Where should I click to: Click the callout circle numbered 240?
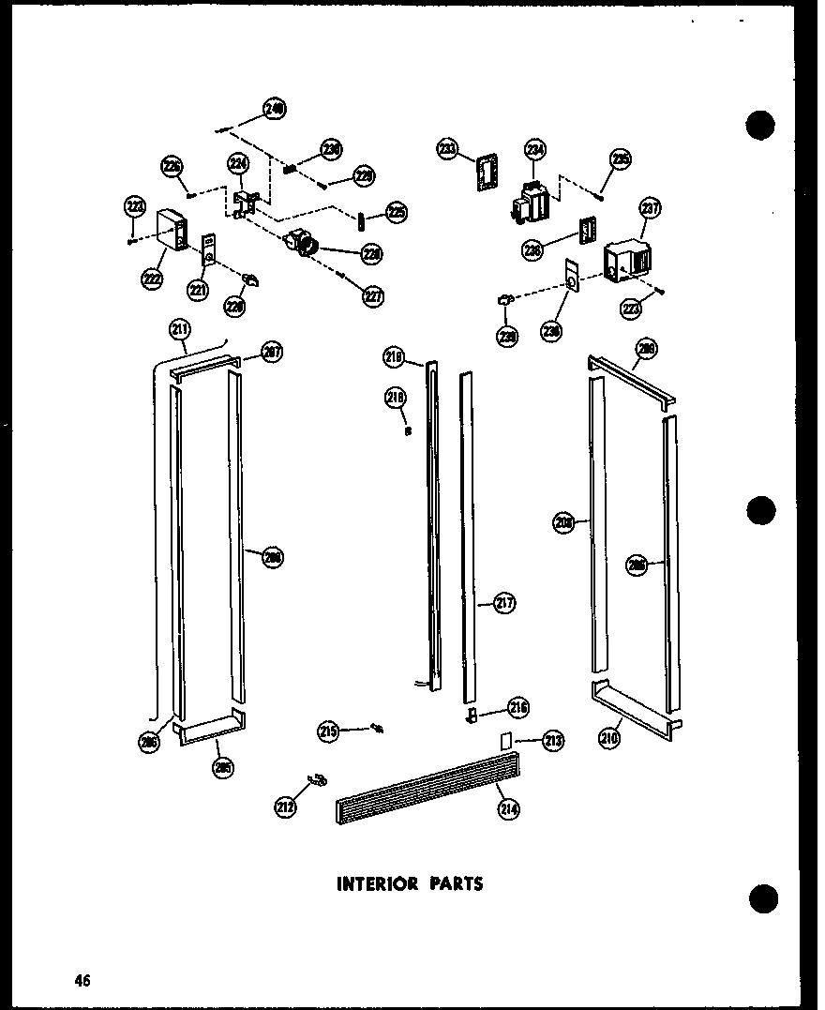click(274, 109)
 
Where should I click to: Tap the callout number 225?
click(397, 214)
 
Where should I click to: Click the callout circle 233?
click(447, 148)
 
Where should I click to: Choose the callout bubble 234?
click(534, 149)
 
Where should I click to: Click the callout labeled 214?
click(510, 808)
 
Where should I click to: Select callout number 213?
click(553, 741)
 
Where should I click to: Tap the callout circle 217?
click(504, 604)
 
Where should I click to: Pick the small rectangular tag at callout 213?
click(506, 740)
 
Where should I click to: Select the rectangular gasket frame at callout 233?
click(485, 175)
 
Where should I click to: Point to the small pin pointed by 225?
click(361, 219)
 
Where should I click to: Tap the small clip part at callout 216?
click(472, 717)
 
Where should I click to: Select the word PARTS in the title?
click(454, 883)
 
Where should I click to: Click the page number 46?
click(83, 981)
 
